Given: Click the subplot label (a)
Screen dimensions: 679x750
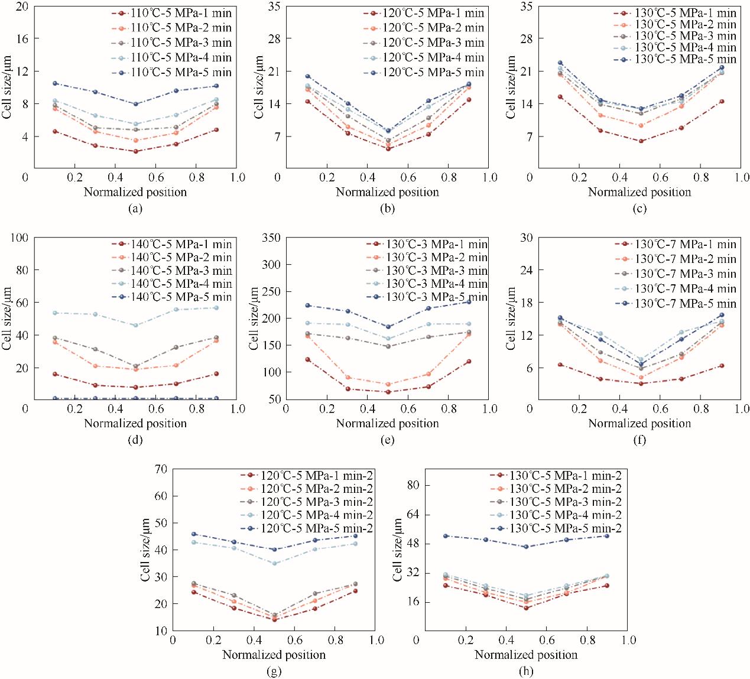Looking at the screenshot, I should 135,208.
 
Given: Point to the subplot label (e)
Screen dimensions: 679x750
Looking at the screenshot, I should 387,439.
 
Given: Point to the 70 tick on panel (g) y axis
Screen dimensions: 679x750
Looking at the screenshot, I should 160,469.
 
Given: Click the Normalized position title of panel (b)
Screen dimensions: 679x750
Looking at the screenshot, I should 387,192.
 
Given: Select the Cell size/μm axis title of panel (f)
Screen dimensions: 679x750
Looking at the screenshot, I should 512,319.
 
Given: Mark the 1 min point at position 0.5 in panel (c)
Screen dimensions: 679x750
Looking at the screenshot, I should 641,141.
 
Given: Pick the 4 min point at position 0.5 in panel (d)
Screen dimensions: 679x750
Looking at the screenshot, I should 136,325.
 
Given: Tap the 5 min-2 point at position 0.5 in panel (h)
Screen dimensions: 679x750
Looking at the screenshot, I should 526,547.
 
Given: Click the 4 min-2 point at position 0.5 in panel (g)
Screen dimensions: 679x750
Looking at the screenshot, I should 274,563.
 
